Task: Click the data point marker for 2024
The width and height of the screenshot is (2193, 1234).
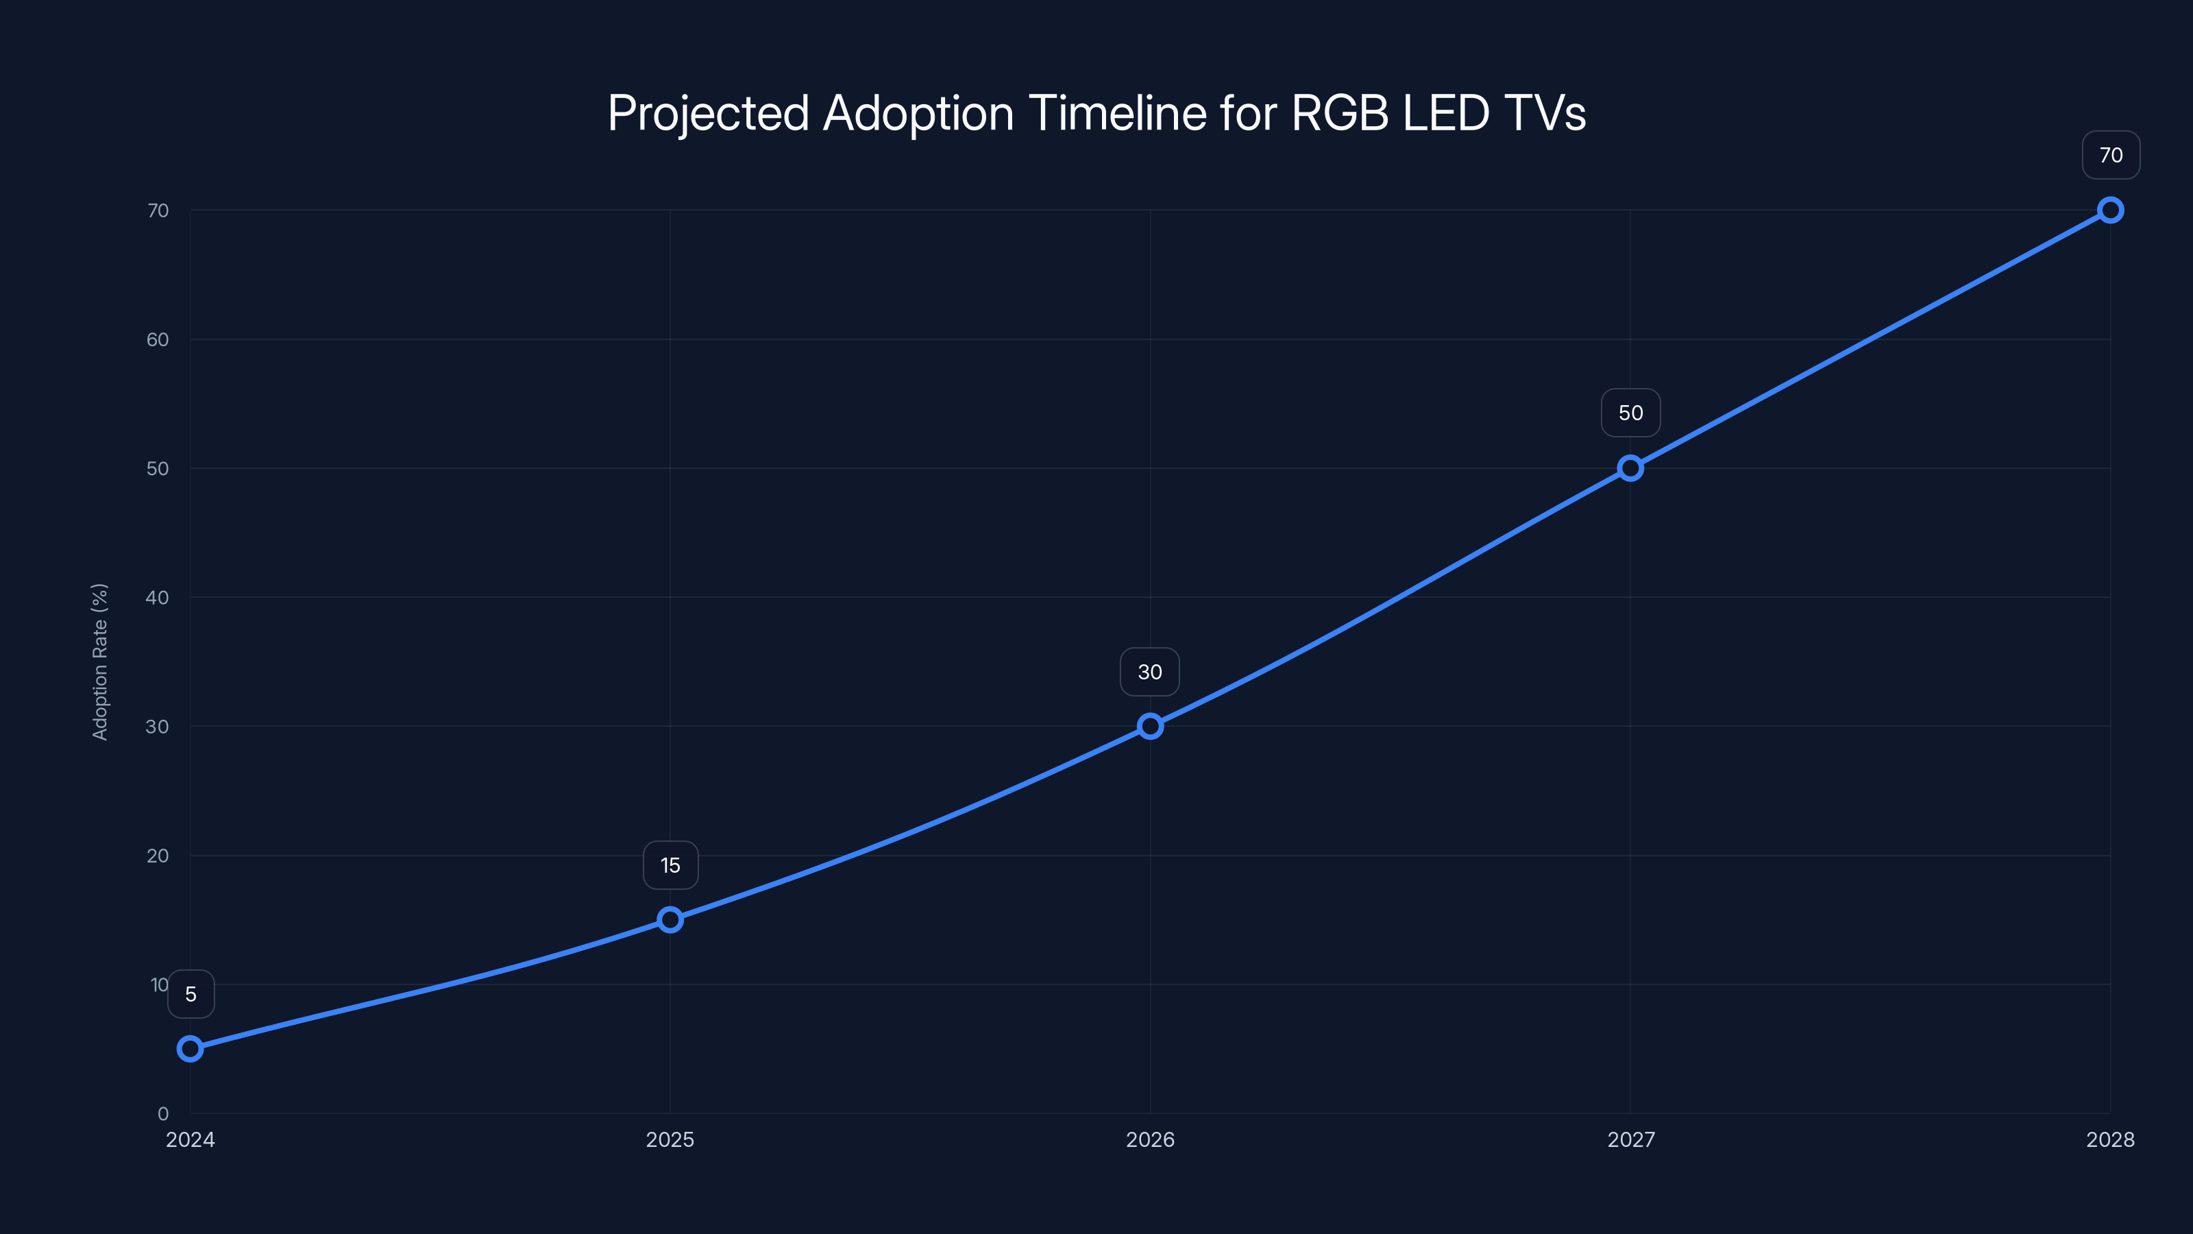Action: click(190, 1048)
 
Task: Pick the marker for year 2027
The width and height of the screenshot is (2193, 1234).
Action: click(1630, 468)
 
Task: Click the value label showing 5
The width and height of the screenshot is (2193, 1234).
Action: click(191, 994)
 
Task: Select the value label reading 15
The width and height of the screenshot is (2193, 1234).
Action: click(670, 865)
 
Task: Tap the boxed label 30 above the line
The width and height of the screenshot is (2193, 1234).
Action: click(1150, 672)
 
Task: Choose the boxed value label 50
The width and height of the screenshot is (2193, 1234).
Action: click(1630, 413)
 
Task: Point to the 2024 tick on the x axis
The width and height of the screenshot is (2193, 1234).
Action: click(190, 1139)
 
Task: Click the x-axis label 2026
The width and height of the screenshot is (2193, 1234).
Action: click(1150, 1139)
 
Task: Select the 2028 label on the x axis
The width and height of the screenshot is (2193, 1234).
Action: click(2109, 1139)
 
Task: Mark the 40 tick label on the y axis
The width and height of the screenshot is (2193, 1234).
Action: click(158, 598)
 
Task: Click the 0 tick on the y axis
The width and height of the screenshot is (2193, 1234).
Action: click(162, 1114)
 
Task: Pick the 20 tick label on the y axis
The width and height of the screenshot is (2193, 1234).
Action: click(158, 856)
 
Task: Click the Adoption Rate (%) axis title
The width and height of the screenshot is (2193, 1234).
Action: click(99, 662)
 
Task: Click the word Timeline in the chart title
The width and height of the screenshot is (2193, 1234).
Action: click(1117, 112)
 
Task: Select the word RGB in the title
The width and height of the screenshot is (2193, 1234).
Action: click(1339, 112)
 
